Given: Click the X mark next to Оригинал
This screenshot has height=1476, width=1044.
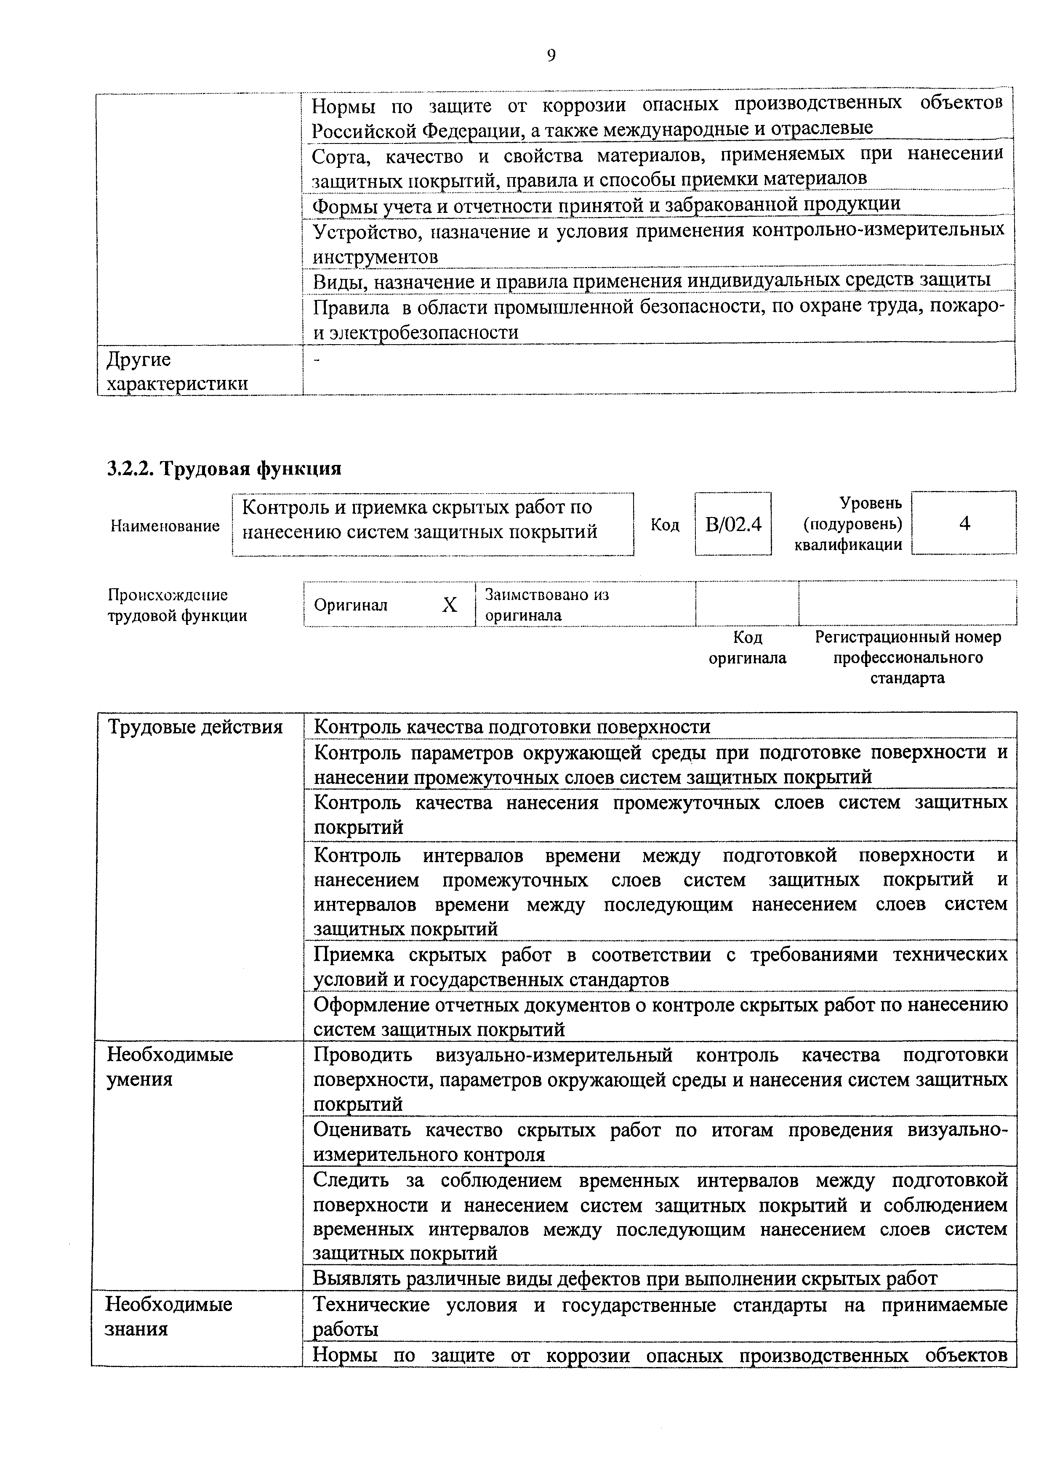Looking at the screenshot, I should click(449, 604).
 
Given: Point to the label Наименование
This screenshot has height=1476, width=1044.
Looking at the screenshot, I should click(165, 526).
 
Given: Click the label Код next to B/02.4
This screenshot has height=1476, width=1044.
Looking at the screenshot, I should click(665, 525).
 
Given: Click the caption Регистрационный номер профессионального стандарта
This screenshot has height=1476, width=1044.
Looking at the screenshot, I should click(908, 657).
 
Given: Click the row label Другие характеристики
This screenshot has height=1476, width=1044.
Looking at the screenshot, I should click(177, 372).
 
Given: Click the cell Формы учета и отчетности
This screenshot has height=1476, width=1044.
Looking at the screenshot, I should click(605, 205).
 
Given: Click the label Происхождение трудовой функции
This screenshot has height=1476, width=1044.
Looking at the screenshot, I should click(176, 605).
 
